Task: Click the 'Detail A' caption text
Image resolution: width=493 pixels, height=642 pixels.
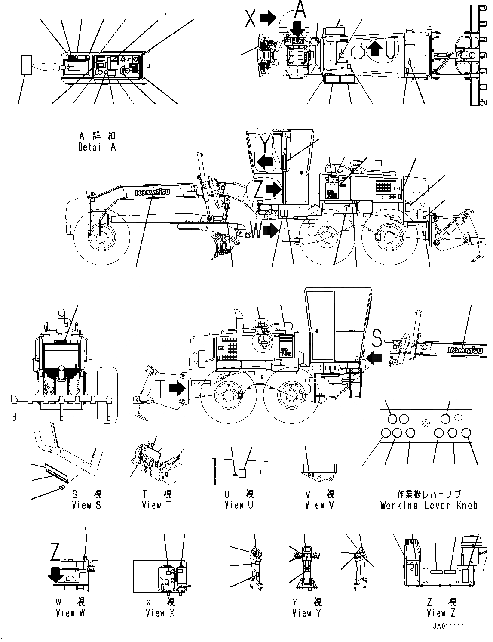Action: pos(97,147)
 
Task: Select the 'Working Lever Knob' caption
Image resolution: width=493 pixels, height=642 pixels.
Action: pos(429,505)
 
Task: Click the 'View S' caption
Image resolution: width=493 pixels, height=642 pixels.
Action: pos(86,505)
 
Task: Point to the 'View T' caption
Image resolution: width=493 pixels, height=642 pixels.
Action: pos(156,505)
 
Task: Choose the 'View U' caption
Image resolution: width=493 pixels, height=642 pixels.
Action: pos(239,505)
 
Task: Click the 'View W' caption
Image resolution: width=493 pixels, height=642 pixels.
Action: pos(70,613)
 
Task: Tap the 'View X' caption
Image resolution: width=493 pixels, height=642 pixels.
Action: pos(160,613)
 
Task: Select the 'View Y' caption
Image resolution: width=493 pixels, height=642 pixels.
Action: pos(306,613)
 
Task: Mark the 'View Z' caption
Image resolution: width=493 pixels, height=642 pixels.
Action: pos(441,613)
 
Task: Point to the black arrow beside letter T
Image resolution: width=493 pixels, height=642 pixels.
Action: pos(177,389)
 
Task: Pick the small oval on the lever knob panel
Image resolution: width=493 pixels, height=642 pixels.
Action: pos(459,417)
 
